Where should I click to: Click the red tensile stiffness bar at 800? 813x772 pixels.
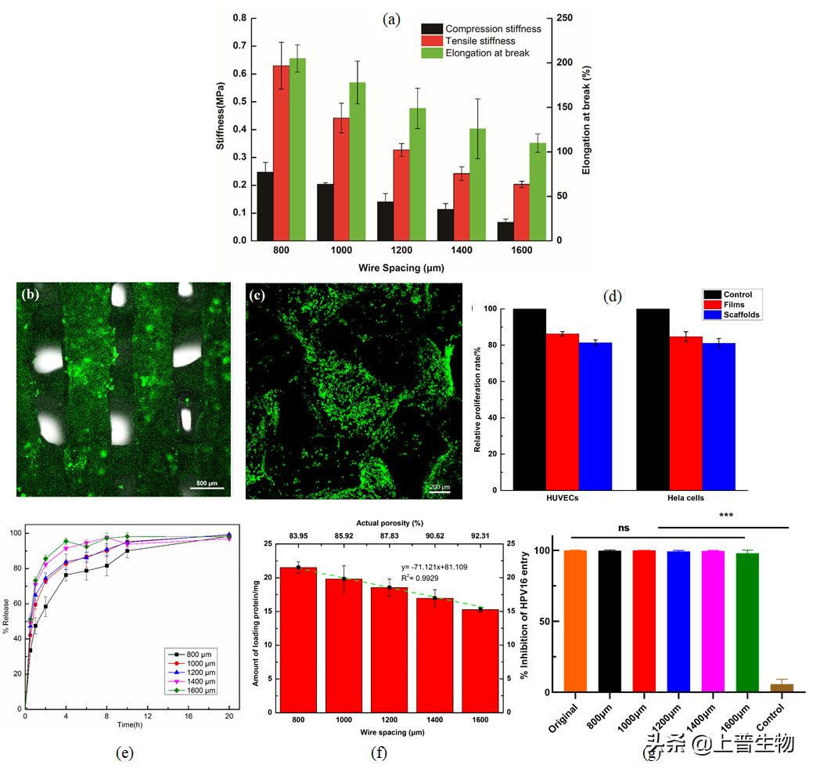[x=281, y=153]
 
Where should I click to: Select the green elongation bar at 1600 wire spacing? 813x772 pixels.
[x=538, y=191]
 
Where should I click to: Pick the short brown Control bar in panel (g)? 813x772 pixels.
[x=782, y=687]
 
